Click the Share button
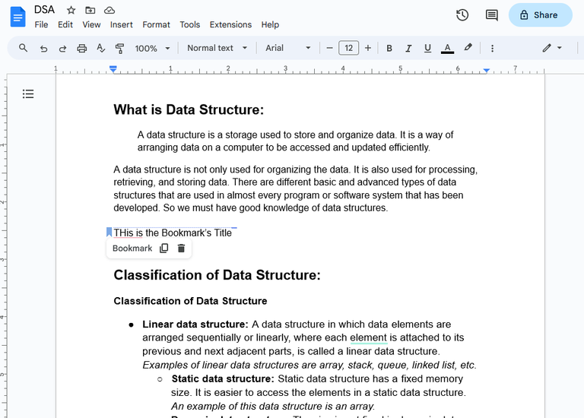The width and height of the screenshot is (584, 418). (x=540, y=15)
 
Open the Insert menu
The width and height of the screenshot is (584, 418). (x=122, y=24)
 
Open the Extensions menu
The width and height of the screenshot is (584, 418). (x=230, y=24)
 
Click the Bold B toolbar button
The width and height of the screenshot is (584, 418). (x=389, y=48)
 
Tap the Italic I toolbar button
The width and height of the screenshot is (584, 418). (x=408, y=48)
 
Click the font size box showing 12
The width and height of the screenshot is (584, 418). (x=348, y=48)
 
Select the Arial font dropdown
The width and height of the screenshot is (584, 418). (x=287, y=48)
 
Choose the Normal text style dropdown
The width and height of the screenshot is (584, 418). (x=217, y=48)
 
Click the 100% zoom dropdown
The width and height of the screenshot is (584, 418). (x=153, y=48)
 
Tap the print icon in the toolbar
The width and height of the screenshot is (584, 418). (x=82, y=48)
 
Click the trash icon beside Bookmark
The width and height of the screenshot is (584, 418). (x=181, y=249)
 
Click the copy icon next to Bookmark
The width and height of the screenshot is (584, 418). (x=164, y=249)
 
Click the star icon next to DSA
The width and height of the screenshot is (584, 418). (x=71, y=10)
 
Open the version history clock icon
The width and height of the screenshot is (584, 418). (x=462, y=15)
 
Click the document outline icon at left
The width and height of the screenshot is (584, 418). (x=28, y=94)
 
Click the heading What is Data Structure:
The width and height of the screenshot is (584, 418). (x=188, y=110)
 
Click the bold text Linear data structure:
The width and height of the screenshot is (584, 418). (x=195, y=325)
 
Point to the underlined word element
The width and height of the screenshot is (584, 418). (x=369, y=337)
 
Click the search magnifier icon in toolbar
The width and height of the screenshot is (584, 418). (x=24, y=48)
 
